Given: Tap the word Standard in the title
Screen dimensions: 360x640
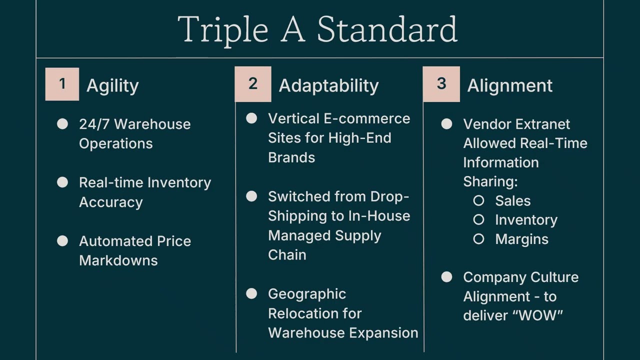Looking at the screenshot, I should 387,30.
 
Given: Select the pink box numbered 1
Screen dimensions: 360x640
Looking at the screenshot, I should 62,84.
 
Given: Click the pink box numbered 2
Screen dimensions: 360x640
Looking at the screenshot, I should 253,84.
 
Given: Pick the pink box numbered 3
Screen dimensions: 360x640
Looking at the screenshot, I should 441,84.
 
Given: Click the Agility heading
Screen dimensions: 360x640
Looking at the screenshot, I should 112,85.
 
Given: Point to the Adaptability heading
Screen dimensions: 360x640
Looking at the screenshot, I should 328,85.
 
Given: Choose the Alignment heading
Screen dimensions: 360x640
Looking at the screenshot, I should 509,85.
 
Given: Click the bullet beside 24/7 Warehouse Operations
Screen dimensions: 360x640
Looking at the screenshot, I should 62,124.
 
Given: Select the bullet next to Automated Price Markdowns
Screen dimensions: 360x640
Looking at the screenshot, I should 62,241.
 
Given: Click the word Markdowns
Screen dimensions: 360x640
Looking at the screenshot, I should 118,260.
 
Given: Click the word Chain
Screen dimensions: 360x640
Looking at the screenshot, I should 287,254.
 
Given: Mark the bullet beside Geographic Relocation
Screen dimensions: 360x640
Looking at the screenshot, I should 251,293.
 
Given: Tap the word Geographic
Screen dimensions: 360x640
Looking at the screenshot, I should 306,294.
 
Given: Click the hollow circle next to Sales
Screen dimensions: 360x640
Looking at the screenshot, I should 478,200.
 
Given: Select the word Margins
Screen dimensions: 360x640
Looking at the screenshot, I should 521,239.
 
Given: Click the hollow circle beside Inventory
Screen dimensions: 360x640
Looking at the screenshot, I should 478,219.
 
